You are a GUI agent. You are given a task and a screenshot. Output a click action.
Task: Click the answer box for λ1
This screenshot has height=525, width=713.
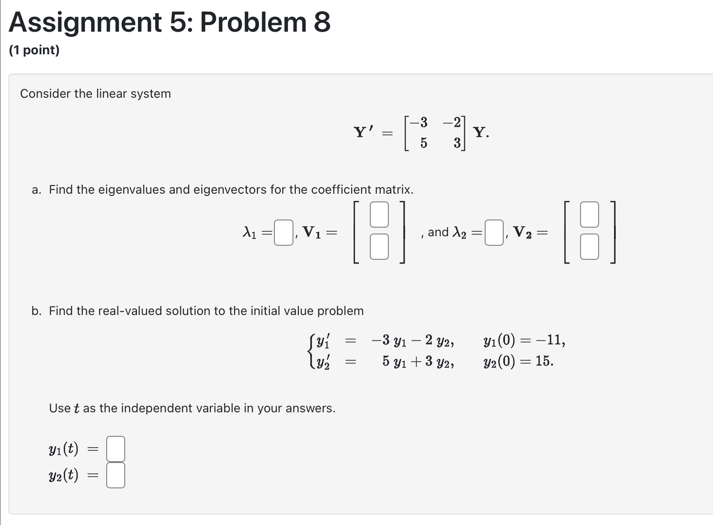pyautogui.click(x=283, y=233)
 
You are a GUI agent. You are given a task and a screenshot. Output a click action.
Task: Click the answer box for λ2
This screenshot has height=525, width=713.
pyautogui.click(x=494, y=233)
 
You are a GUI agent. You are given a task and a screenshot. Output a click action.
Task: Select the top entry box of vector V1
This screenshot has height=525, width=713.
pyautogui.click(x=379, y=215)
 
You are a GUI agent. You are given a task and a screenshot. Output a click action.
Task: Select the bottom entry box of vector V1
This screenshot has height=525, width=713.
pyautogui.click(x=379, y=247)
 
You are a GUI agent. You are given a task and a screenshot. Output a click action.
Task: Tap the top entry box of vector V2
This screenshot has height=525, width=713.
pyautogui.click(x=589, y=215)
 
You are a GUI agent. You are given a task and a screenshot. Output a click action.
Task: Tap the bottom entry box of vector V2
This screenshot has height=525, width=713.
pyautogui.click(x=589, y=247)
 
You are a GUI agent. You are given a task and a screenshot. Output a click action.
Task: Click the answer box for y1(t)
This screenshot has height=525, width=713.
pyautogui.click(x=116, y=449)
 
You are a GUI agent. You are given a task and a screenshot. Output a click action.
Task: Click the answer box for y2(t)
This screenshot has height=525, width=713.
pyautogui.click(x=116, y=475)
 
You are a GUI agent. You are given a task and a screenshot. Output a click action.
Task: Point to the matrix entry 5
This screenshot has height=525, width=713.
pyautogui.click(x=423, y=143)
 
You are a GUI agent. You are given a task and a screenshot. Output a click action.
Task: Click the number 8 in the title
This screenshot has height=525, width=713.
pyautogui.click(x=322, y=23)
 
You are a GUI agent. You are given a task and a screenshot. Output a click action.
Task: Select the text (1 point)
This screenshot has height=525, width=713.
pyautogui.click(x=34, y=50)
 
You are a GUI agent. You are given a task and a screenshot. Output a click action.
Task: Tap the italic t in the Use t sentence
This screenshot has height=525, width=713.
pyautogui.click(x=76, y=409)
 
